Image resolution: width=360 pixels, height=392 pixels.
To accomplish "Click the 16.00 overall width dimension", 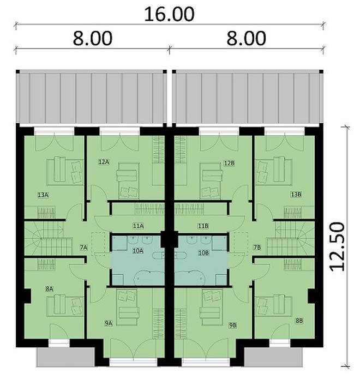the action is pos(169,14).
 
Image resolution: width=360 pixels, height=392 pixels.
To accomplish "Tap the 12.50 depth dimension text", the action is pos(337,246).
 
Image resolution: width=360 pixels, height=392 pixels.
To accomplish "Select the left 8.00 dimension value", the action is pos(93,39).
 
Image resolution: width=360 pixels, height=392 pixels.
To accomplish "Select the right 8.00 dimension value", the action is pos(246,39).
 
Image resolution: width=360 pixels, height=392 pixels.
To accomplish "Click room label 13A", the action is pos(43,195).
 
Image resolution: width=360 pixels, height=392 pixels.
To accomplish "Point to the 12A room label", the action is pos(104,162).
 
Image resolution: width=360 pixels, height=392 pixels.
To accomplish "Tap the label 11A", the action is pos(138,226).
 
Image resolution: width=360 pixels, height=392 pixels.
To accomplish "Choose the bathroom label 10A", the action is pos(138,251).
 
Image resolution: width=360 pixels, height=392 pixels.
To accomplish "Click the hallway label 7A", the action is pos(83,248).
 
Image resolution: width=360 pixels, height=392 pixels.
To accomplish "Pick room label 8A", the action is pos(49,289).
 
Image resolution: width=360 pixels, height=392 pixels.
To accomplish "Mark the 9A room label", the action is pos(109,323).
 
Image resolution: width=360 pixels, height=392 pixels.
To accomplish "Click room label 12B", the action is pos(229,164).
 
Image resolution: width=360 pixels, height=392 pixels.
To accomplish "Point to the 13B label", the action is pos(296,194).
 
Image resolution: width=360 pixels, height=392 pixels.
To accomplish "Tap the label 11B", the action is pos(203,226).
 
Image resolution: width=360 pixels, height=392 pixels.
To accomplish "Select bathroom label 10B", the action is pos(203,253).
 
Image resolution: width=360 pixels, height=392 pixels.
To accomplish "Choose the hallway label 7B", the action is pos(257,248).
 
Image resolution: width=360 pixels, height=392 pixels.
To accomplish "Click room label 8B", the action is pos(299,321).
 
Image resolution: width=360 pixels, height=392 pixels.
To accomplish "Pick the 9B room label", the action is pos(233,325).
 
